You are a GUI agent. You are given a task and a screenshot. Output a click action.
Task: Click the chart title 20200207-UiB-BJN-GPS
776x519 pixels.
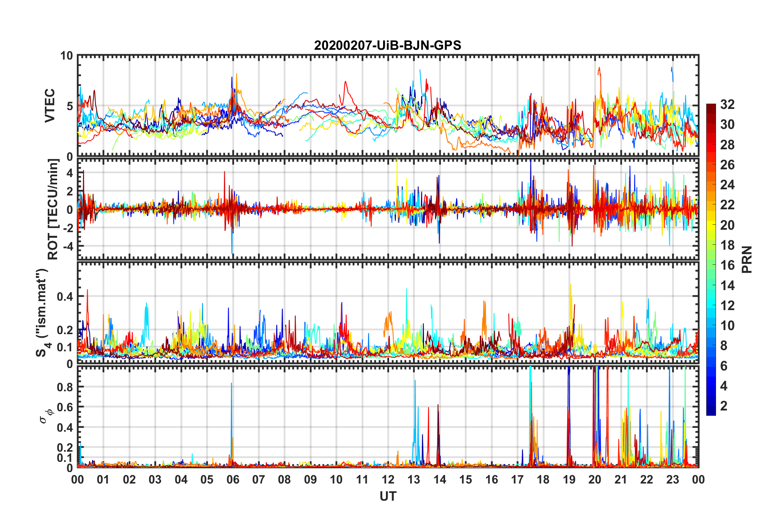388,45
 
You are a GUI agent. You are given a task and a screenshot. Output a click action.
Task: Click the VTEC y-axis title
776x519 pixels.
50,106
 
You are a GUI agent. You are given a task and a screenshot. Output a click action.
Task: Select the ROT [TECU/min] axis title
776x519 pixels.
53,209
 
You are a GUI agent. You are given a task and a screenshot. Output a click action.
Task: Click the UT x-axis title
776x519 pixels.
388,496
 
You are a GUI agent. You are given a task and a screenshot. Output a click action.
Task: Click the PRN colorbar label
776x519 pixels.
747,259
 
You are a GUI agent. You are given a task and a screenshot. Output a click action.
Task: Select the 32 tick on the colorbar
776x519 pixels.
727,104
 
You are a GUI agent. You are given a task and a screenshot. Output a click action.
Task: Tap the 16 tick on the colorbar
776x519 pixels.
727,265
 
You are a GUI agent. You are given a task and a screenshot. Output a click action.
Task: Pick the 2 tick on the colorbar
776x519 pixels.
724,406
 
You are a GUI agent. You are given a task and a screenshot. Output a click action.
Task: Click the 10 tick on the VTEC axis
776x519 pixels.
67,56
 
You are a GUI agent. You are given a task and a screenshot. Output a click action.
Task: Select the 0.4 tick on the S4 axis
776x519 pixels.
64,297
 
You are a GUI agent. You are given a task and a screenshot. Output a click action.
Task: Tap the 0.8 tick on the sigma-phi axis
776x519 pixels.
64,387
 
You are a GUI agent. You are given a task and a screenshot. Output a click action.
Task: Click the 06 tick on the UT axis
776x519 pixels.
233,479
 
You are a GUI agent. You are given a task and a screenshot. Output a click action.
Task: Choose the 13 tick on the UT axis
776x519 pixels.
414,479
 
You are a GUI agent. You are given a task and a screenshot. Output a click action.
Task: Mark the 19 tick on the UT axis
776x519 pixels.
569,479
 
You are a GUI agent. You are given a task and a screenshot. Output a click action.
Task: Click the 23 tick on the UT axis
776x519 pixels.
672,479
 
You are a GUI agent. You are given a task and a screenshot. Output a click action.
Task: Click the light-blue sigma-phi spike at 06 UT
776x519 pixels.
231,408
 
